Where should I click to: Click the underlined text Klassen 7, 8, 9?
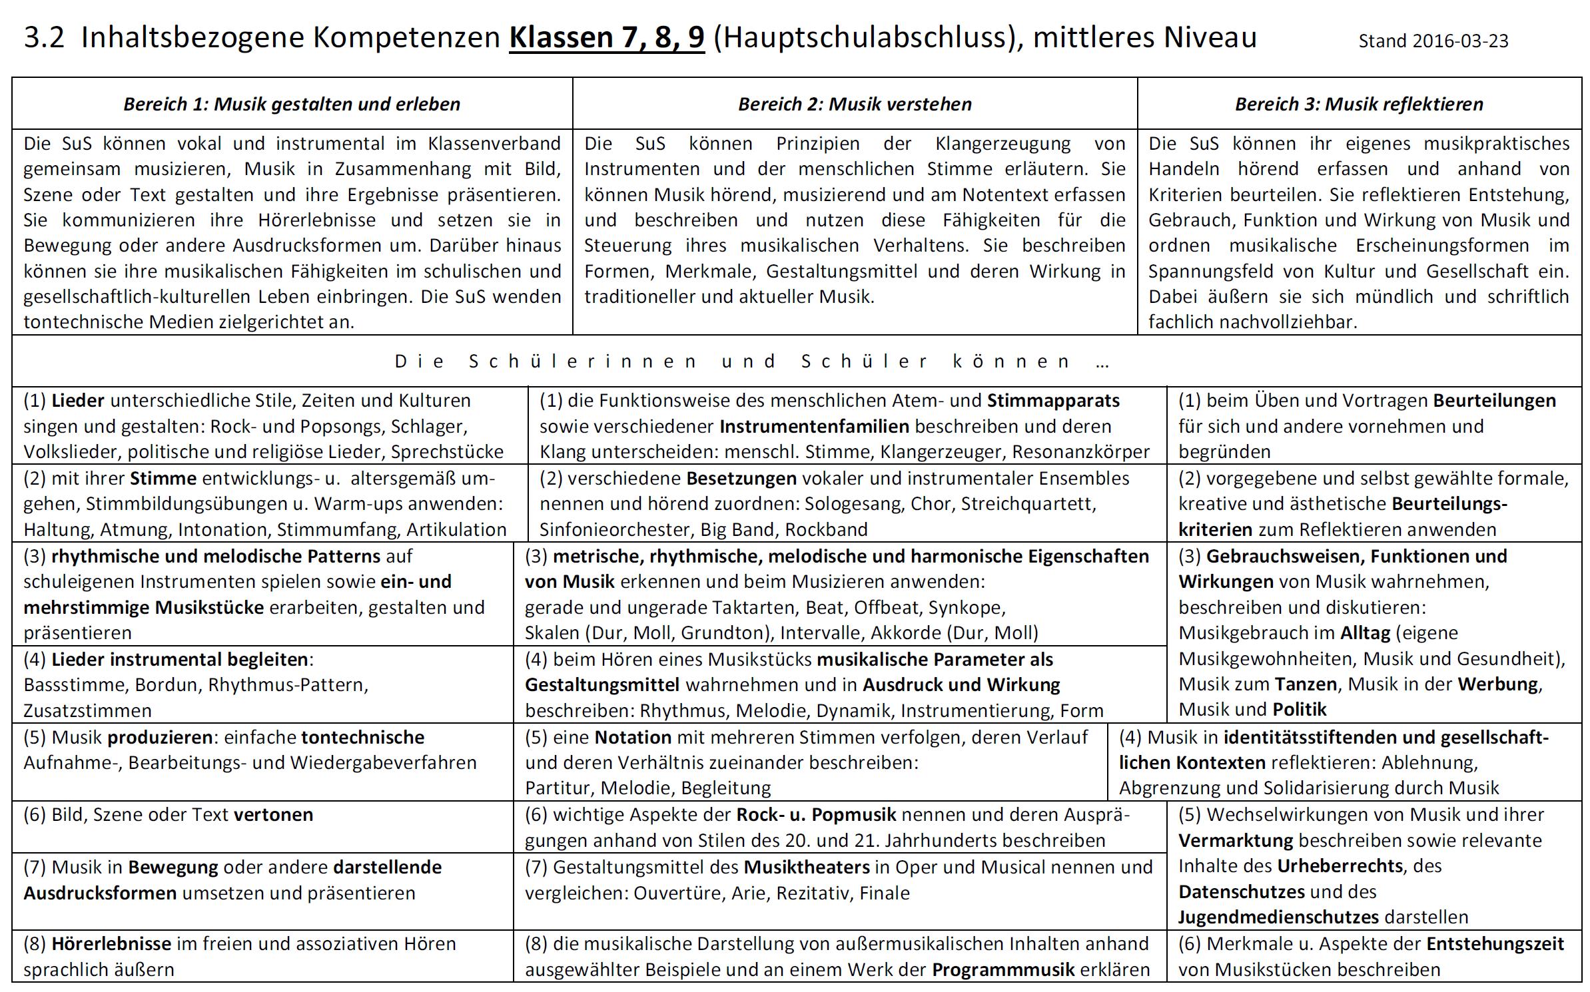[606, 37]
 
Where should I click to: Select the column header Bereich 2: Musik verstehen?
[855, 104]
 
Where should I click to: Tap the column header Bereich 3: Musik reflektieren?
[1359, 104]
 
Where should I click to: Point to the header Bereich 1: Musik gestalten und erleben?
[292, 104]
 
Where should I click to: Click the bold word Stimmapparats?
[1052, 401]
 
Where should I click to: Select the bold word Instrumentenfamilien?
[814, 426]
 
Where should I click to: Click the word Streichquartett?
[1028, 504]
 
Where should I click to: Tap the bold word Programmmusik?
[1003, 969]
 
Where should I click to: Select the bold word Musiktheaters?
[806, 868]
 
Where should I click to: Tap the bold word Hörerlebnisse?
[111, 944]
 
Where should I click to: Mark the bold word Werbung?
[1499, 684]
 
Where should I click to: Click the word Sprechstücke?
[447, 452]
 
